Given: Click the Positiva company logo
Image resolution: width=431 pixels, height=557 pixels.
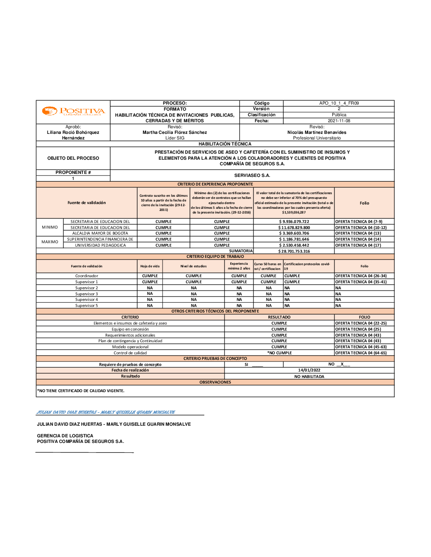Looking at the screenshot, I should (x=73, y=111).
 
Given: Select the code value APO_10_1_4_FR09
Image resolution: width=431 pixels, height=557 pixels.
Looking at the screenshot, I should (x=339, y=103).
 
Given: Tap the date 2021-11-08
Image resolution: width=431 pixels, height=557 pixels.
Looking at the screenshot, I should (x=339, y=121).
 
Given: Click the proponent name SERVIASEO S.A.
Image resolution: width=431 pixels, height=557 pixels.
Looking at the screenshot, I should (x=252, y=176).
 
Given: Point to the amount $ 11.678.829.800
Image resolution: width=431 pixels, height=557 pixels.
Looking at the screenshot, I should (x=294, y=228).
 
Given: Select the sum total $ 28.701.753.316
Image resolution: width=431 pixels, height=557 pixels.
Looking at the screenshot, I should (x=294, y=251).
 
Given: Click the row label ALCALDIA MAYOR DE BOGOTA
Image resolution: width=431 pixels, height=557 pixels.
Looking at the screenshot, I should (x=100, y=233).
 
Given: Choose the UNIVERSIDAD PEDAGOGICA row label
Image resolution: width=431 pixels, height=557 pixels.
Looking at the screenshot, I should (x=100, y=245).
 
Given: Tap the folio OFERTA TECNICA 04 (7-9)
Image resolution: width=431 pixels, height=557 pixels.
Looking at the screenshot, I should (x=359, y=222).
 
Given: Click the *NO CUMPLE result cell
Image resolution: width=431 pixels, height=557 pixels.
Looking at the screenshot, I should (x=279, y=353).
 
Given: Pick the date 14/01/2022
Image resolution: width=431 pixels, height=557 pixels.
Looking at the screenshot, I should (x=309, y=370).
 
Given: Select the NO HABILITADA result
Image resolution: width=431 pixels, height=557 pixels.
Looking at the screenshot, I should (x=309, y=377).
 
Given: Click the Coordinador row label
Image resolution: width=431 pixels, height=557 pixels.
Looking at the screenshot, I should (x=87, y=276).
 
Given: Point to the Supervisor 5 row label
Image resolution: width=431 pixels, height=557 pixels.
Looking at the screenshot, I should (x=87, y=306).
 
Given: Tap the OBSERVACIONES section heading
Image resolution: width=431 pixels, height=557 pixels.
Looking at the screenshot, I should (x=215, y=382).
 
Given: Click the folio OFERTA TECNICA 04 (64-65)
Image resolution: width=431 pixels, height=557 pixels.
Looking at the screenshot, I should (x=361, y=353).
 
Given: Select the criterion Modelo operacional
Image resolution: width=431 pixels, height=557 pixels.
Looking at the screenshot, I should (x=130, y=347).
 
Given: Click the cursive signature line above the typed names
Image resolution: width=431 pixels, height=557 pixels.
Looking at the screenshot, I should (x=106, y=412).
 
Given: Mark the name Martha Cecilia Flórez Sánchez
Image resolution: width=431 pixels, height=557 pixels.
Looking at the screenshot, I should (x=175, y=133).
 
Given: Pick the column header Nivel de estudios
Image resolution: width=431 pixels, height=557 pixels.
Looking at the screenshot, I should (x=194, y=266).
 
